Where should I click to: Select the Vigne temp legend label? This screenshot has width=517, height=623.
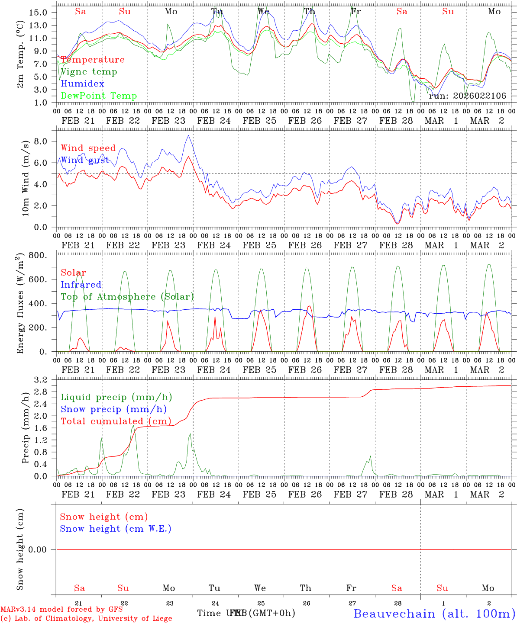pos(89,72)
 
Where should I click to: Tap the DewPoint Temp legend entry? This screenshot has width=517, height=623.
pos(99,96)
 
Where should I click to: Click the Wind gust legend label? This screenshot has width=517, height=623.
pos(85,161)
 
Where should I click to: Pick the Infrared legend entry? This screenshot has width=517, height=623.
pos(81,285)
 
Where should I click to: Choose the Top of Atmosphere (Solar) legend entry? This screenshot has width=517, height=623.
pos(127,297)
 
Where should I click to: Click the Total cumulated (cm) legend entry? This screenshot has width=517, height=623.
pos(116,421)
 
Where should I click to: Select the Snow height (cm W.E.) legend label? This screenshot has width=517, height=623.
pos(116,529)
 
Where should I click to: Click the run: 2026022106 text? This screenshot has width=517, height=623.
pos(467,96)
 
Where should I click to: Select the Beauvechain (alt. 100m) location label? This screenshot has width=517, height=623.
pos(434,613)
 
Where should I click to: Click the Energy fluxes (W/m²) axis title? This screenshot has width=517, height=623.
pos(20,304)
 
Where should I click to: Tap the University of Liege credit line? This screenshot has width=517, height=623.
pos(86,619)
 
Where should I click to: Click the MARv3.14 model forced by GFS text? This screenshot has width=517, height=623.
pos(61,610)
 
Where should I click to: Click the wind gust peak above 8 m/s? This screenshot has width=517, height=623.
pos(188,135)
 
